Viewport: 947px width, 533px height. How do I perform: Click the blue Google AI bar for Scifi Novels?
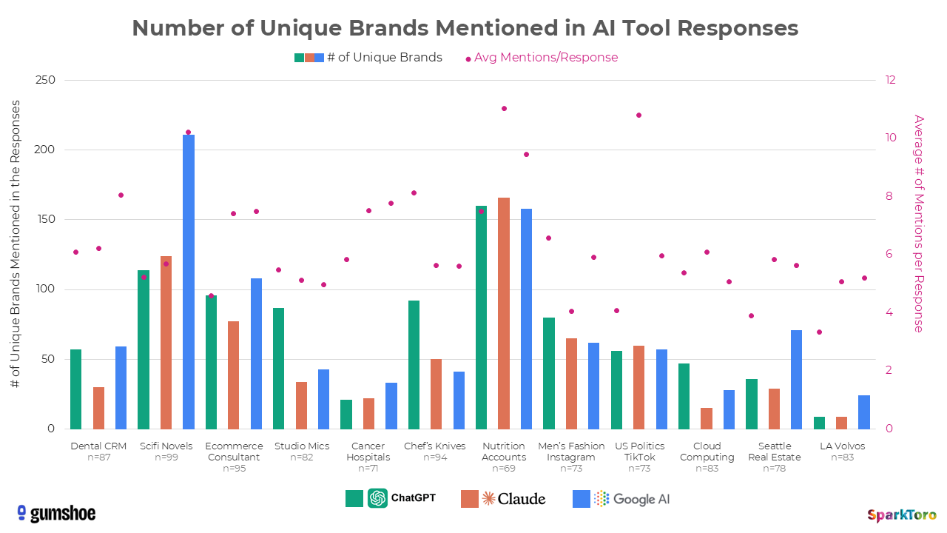pyautogui.click(x=189, y=281)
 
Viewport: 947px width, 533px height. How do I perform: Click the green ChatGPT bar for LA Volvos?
pyautogui.click(x=819, y=423)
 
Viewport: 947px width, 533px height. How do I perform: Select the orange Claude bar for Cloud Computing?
pyautogui.click(x=707, y=418)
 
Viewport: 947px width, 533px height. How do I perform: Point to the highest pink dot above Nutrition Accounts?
pyautogui.click(x=504, y=108)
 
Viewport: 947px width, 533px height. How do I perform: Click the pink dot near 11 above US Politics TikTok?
pyautogui.click(x=638, y=115)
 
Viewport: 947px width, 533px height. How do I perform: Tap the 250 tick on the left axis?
pyautogui.click(x=45, y=80)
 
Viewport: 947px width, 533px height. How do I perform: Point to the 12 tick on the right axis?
pyautogui.click(x=891, y=80)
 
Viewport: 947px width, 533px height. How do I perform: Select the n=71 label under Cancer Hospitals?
pyautogui.click(x=368, y=468)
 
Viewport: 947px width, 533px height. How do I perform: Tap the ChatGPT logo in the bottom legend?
pyautogui.click(x=378, y=498)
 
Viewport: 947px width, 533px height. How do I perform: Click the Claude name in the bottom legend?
pyautogui.click(x=522, y=498)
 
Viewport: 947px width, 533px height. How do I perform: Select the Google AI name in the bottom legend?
pyautogui.click(x=641, y=498)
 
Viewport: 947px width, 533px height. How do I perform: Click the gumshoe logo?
pyautogui.click(x=56, y=513)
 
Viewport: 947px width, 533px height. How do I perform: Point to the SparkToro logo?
pyautogui.click(x=901, y=514)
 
